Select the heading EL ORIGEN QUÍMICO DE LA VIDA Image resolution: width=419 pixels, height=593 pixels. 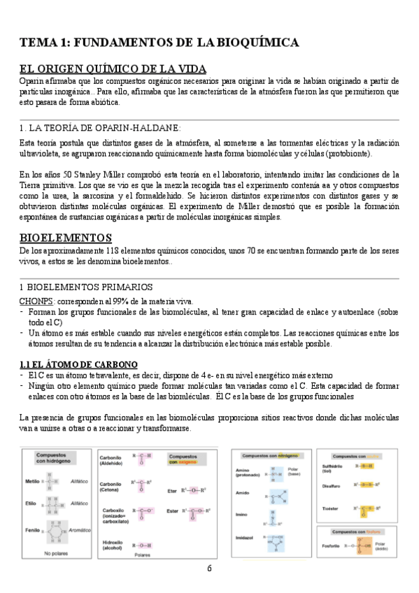click(x=113, y=69)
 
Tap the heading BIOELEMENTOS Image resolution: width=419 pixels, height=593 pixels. click(x=66, y=238)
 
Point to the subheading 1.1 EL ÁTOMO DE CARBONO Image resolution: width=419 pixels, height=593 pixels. click(x=78, y=365)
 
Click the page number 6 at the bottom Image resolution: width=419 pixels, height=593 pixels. click(x=209, y=568)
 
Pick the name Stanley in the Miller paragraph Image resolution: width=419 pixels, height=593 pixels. click(x=97, y=174)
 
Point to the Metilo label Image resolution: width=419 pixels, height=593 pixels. click(x=32, y=481)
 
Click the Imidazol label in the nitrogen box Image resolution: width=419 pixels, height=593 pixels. click(x=245, y=538)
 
